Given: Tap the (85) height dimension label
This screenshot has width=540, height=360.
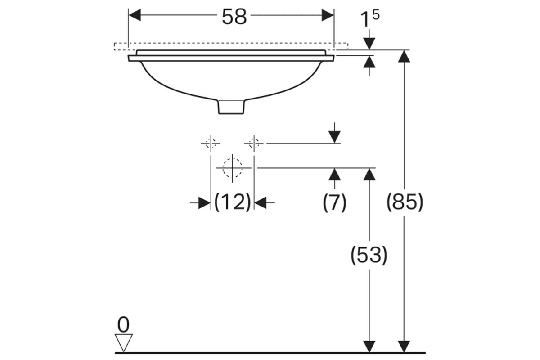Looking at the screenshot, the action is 405,202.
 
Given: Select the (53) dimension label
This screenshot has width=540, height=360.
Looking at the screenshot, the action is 369,255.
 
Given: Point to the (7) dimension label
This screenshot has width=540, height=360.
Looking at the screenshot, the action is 334,202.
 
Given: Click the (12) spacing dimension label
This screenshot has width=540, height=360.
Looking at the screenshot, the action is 232,202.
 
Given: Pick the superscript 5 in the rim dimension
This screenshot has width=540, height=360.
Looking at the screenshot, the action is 376,15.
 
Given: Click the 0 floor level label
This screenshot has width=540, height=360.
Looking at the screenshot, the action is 123,324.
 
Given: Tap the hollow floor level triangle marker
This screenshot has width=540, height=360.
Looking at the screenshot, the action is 123,343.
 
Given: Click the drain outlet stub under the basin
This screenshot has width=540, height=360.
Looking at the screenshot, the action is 231,107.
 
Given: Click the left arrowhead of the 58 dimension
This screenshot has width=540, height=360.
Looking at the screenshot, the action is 135,15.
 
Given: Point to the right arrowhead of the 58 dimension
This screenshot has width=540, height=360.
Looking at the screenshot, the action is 328,15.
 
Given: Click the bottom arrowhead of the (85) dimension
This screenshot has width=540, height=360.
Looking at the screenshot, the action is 404,347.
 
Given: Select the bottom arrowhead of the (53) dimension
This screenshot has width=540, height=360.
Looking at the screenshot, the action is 369,347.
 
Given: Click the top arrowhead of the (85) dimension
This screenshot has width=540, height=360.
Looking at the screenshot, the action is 404,56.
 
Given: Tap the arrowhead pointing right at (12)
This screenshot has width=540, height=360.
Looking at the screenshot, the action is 204,203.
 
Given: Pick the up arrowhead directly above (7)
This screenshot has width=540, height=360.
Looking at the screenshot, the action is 335,174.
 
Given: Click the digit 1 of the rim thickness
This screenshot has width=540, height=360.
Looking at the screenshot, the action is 365,19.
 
